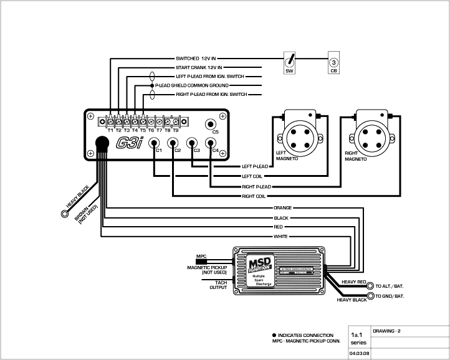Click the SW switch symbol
(289, 62)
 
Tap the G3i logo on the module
(130, 143)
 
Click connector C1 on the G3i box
(154, 142)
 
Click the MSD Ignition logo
(259, 265)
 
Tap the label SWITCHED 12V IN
(199, 59)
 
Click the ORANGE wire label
(282, 207)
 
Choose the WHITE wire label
(281, 237)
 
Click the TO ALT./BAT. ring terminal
(370, 286)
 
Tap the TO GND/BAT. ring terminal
(370, 296)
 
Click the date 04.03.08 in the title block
(358, 353)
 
